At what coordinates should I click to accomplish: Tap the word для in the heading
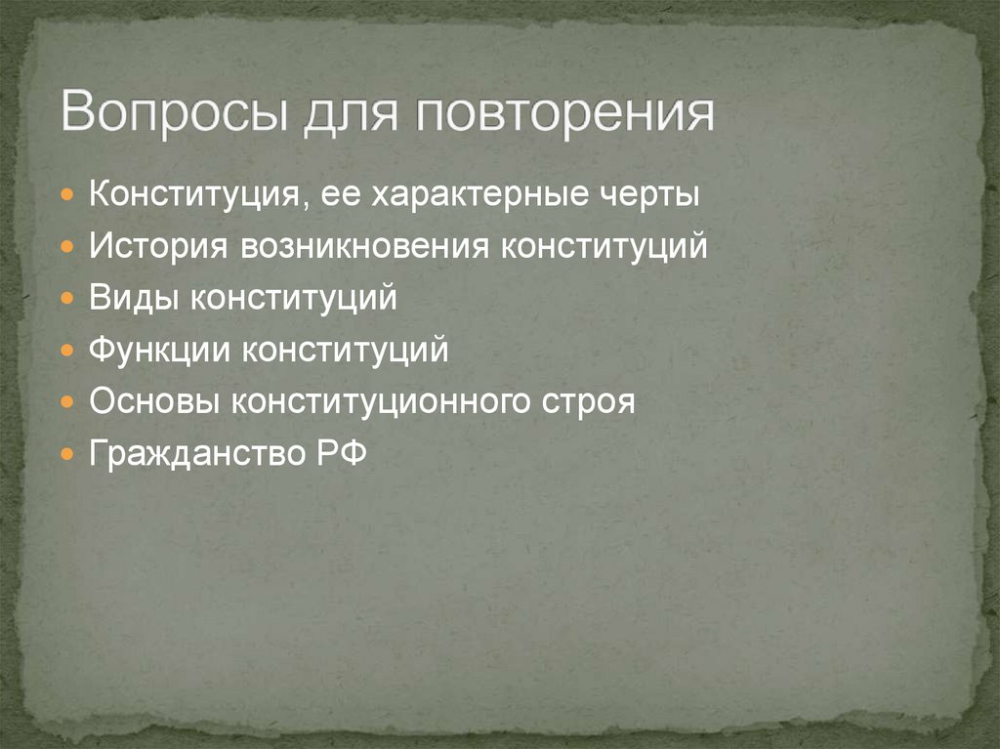click(343, 113)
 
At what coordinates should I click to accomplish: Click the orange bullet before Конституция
click(66, 195)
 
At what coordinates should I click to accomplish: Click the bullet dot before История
click(66, 247)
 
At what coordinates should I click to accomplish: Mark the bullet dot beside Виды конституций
click(66, 299)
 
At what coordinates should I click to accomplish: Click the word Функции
click(160, 350)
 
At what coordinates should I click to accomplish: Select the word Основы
click(154, 401)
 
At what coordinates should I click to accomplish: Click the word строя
click(596, 401)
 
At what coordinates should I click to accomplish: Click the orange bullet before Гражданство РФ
click(66, 454)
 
